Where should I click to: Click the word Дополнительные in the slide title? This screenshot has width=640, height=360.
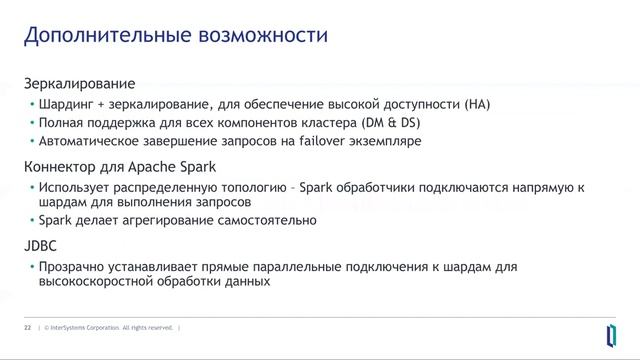[95, 38]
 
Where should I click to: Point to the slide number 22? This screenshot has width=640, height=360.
[27, 327]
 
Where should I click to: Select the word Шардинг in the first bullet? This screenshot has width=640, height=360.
[66, 104]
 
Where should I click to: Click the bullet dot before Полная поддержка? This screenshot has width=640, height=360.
[30, 123]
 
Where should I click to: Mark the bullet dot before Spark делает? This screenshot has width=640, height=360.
[30, 220]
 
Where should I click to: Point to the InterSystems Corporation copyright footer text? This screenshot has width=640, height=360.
[109, 327]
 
